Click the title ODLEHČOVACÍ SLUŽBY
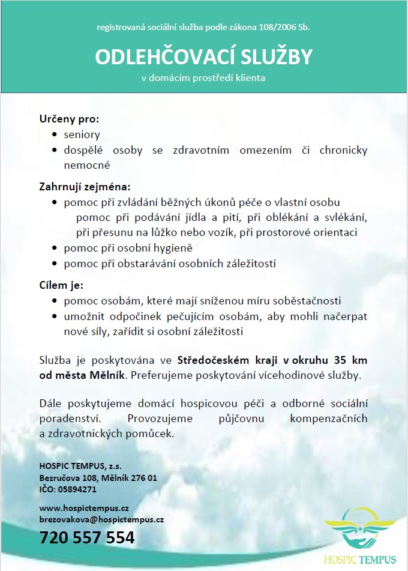(204, 56)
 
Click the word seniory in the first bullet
(82, 134)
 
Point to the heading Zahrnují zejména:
(85, 186)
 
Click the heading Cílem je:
(62, 285)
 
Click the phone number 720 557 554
(87, 537)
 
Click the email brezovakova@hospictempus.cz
(101, 519)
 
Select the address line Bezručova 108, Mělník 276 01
(98, 478)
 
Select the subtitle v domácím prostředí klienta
(203, 78)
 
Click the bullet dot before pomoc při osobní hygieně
(56, 248)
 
